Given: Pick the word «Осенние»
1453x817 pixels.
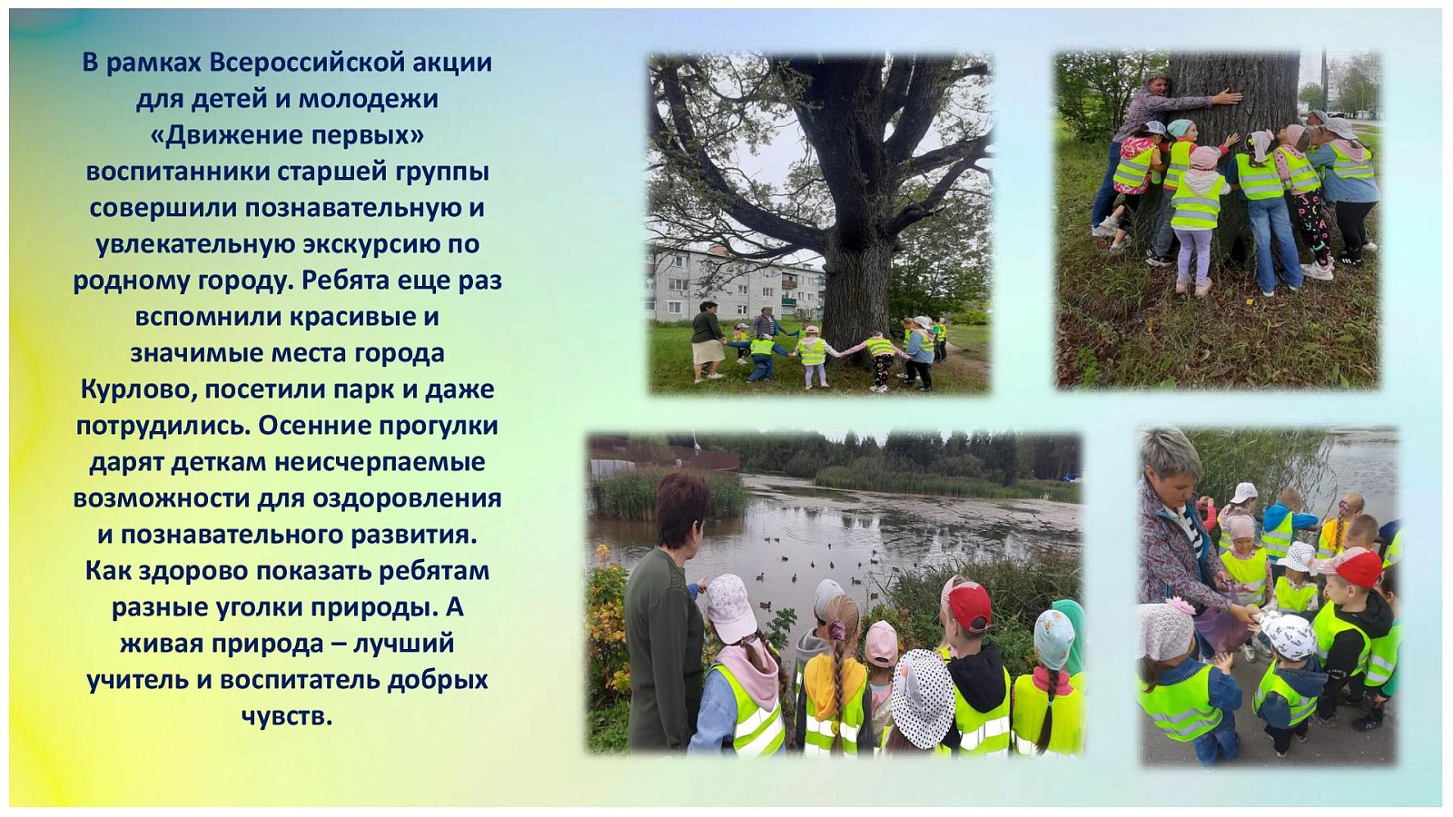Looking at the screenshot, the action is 313,426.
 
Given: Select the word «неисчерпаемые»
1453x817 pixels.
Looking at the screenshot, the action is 381,462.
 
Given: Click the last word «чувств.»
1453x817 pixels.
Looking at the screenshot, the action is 287,716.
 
